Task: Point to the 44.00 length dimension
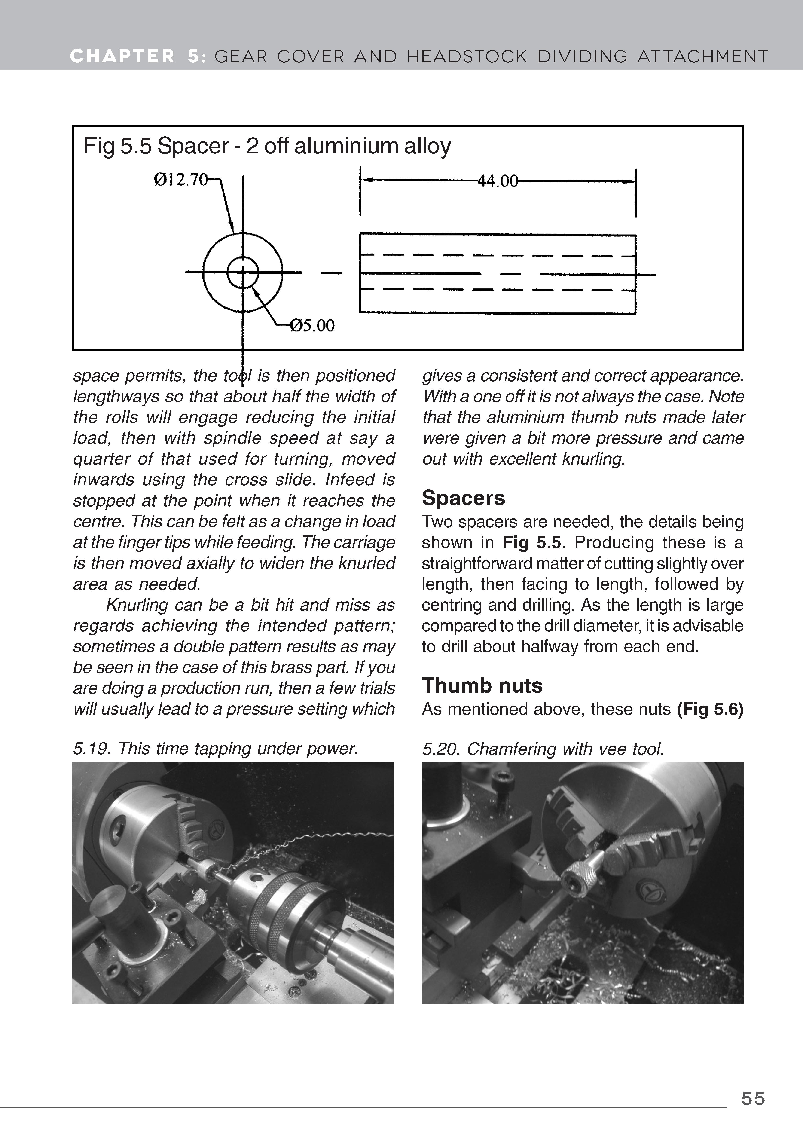pos(498,181)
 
